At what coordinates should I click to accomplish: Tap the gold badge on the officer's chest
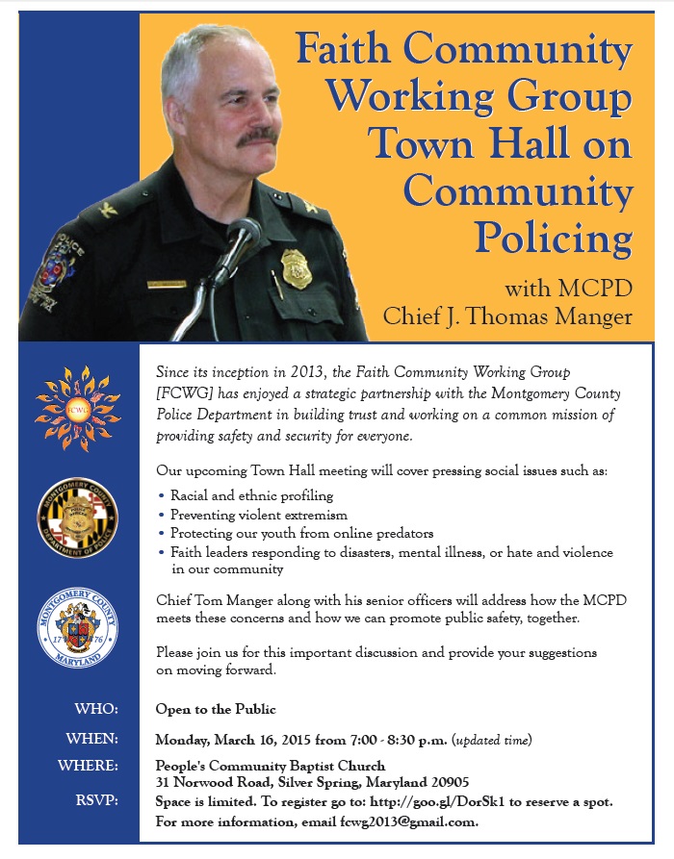[297, 269]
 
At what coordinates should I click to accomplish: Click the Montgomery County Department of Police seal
[77, 520]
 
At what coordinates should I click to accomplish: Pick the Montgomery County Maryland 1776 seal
[77, 631]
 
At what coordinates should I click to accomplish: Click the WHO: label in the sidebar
[96, 709]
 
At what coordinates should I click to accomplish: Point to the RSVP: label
[95, 800]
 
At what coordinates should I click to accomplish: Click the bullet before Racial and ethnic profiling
[161, 495]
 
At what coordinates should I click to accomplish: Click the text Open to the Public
[216, 709]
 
